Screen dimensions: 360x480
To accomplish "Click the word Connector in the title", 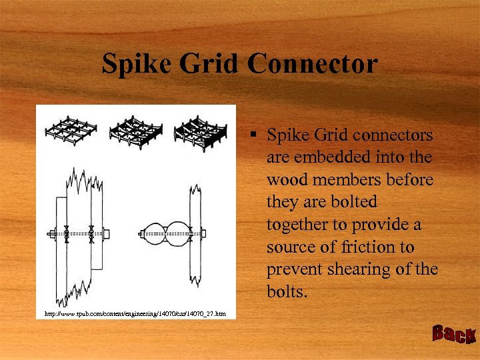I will pyautogui.click(x=312, y=65).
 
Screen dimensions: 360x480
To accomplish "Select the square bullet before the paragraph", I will pyautogui.click(x=255, y=135).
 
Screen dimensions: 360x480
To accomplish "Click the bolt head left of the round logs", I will pyautogui.click(x=142, y=233).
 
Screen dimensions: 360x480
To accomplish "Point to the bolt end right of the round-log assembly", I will pyautogui.click(x=203, y=233).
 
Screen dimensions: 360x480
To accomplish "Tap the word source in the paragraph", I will pyautogui.click(x=289, y=247).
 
